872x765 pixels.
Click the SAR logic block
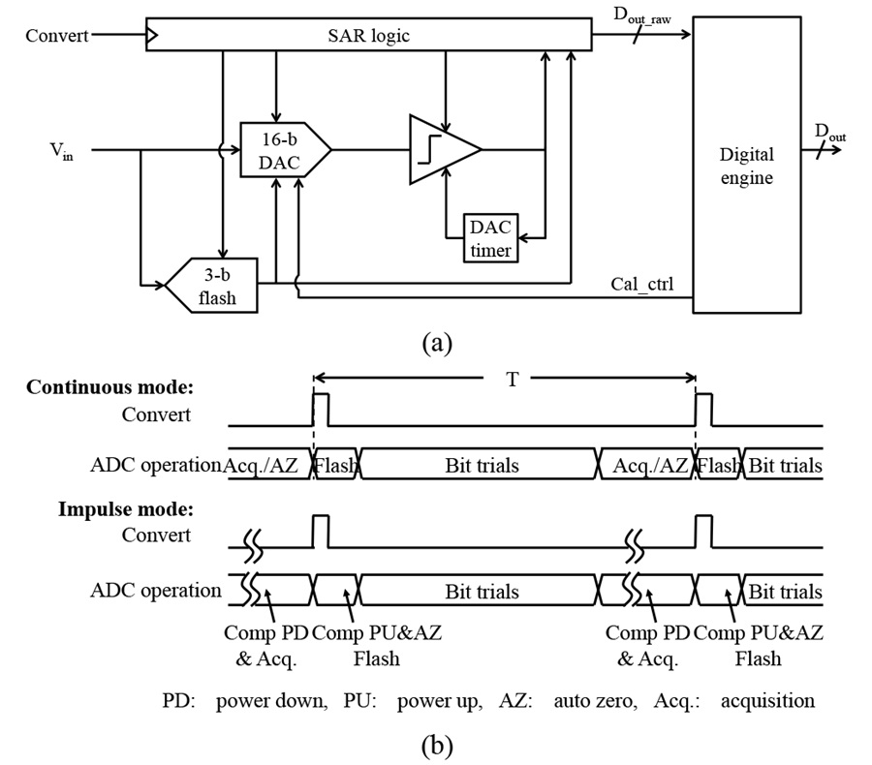pyautogui.click(x=369, y=35)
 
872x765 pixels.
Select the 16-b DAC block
pyautogui.click(x=285, y=149)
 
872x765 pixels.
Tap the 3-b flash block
pyautogui.click(x=212, y=286)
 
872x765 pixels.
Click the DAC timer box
pyautogui.click(x=490, y=238)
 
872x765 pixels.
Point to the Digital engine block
pyautogui.click(x=747, y=166)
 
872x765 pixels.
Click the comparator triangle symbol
pyautogui.click(x=445, y=149)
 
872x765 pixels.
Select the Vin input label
pyautogui.click(x=62, y=151)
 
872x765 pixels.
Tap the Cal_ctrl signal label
pyautogui.click(x=641, y=284)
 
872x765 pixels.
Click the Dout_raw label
pyautogui.click(x=642, y=15)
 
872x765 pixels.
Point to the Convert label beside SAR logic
pyautogui.click(x=57, y=36)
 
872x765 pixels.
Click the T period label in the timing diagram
pyautogui.click(x=513, y=380)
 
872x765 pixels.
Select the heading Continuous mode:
pyautogui.click(x=110, y=387)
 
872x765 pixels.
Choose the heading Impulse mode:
pyautogui.click(x=126, y=509)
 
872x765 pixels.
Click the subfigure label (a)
pyautogui.click(x=437, y=343)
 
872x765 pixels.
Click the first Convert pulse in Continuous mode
pyautogui.click(x=321, y=410)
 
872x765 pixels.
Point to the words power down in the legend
pyautogui.click(x=271, y=701)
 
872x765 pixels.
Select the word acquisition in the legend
pyautogui.click(x=767, y=701)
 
